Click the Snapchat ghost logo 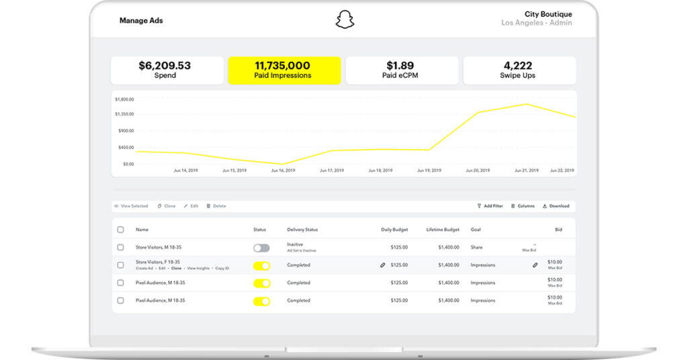(x=345, y=19)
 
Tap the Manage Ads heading (x=141, y=21)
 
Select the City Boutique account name (x=548, y=14)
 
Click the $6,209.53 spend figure (x=165, y=66)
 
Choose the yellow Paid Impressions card (x=283, y=71)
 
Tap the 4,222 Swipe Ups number (x=518, y=66)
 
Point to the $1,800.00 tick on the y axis (x=125, y=99)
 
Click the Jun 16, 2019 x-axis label (x=283, y=171)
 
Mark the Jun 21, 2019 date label (x=526, y=171)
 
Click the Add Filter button (x=490, y=206)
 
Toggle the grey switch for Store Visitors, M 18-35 (x=261, y=248)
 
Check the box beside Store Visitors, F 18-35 (x=120, y=265)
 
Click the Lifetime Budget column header (x=443, y=230)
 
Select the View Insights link (x=198, y=269)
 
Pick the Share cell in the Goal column (x=477, y=247)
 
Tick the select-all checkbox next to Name (x=120, y=230)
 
